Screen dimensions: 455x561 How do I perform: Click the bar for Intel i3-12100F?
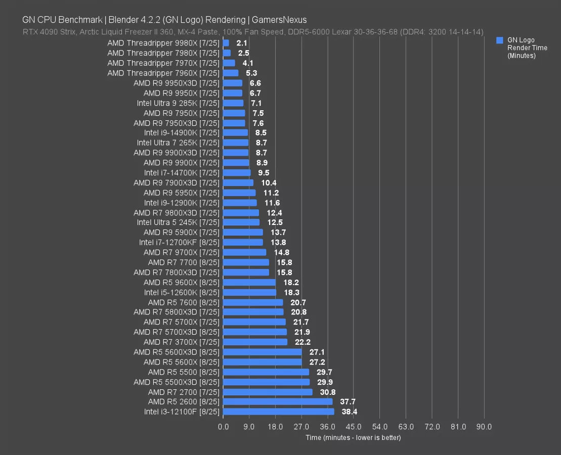coord(278,412)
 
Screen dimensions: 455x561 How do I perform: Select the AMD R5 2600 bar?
coord(277,401)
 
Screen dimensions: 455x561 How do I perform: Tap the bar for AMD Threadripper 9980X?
coord(226,43)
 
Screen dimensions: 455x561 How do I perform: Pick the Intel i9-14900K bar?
coord(235,132)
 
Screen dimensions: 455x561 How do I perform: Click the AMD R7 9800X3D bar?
coord(241,212)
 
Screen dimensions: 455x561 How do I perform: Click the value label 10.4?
coord(267,183)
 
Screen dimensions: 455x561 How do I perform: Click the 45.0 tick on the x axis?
coord(354,427)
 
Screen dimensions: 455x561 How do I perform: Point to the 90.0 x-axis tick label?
coord(484,427)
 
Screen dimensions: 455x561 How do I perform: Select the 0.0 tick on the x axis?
coord(223,427)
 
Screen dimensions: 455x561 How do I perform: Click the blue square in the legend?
coord(500,40)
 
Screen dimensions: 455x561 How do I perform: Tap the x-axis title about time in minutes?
coord(353,437)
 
